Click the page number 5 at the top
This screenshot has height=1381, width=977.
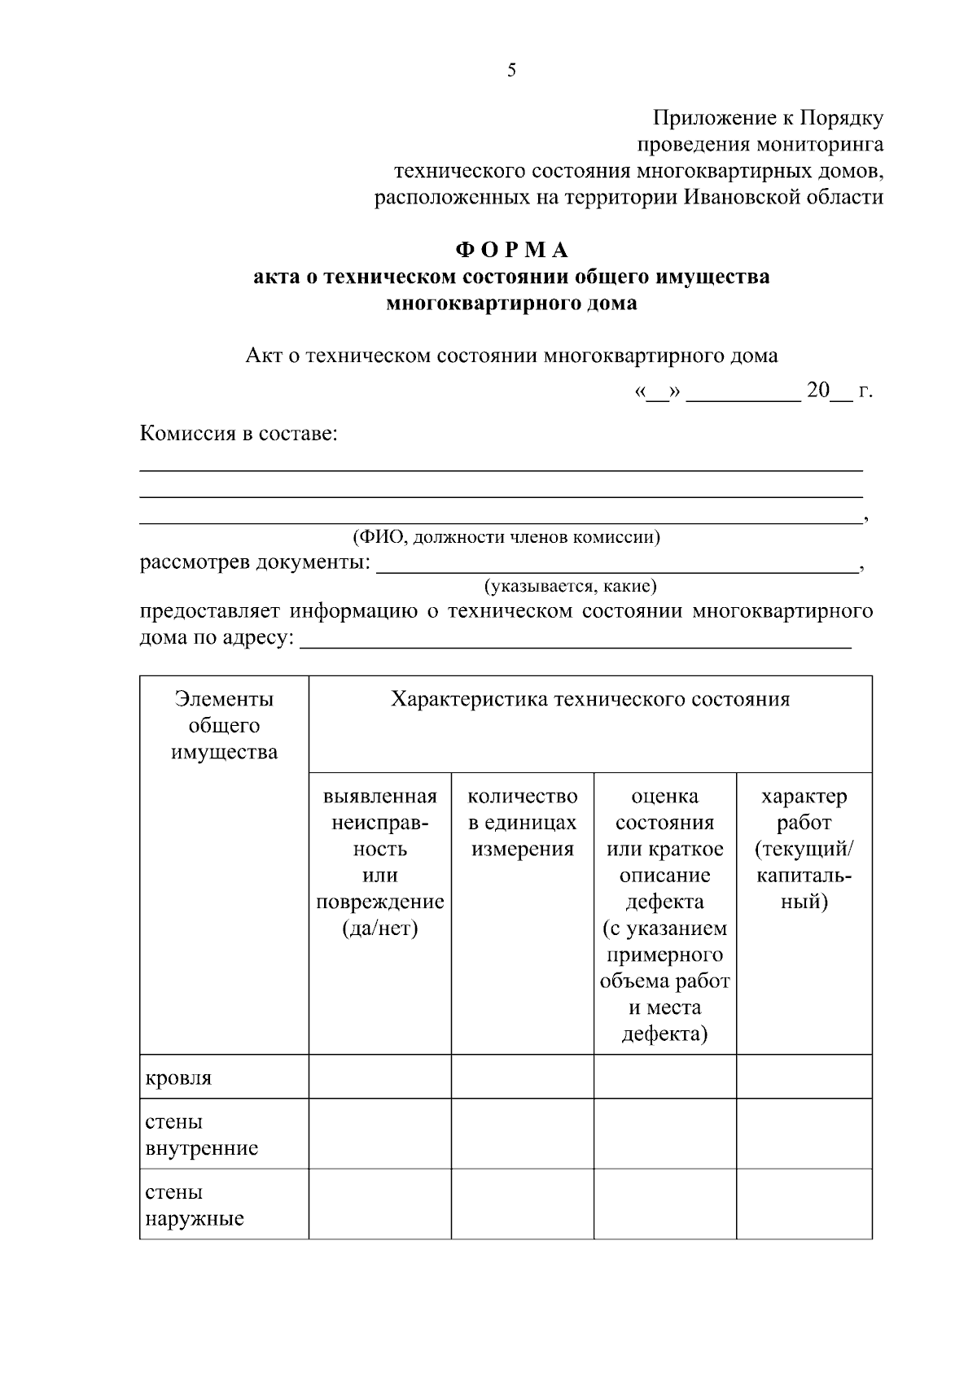click(511, 70)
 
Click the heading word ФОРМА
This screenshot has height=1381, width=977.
click(511, 250)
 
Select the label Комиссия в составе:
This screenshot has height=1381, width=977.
click(239, 433)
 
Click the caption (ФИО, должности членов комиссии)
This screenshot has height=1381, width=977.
click(506, 537)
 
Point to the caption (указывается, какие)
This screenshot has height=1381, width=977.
click(570, 586)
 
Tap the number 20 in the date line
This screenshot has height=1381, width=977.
click(817, 391)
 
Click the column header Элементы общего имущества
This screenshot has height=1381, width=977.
click(224, 725)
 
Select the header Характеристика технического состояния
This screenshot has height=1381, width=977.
click(590, 700)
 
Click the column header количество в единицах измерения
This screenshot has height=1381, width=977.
click(523, 822)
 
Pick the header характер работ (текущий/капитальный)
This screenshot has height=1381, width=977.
click(804, 848)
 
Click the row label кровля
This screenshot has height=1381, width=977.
click(178, 1078)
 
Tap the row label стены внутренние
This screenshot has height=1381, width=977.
click(201, 1134)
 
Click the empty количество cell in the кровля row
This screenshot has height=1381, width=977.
click(523, 1077)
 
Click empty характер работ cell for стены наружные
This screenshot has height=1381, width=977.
click(804, 1204)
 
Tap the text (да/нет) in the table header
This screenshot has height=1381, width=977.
click(379, 929)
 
